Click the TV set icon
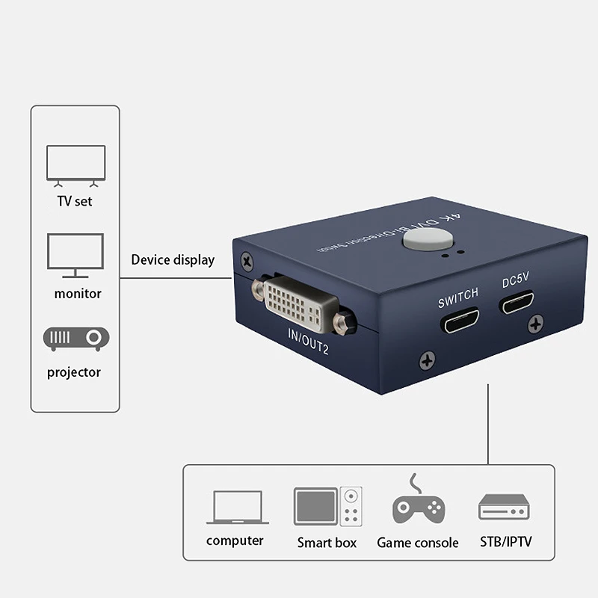75,164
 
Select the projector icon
76,340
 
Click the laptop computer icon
235,508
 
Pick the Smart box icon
327,506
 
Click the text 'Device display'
173,260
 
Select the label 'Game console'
417,543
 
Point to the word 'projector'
74,372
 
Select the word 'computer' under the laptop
235,540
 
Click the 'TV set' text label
75,201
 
